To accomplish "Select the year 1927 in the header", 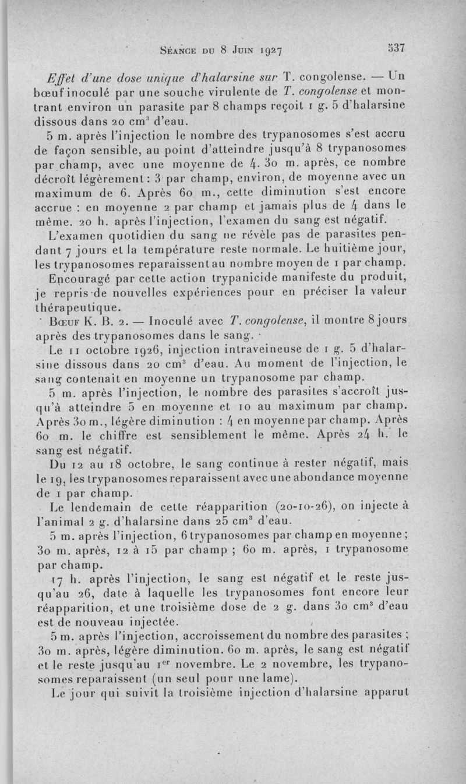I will point(267,50).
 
